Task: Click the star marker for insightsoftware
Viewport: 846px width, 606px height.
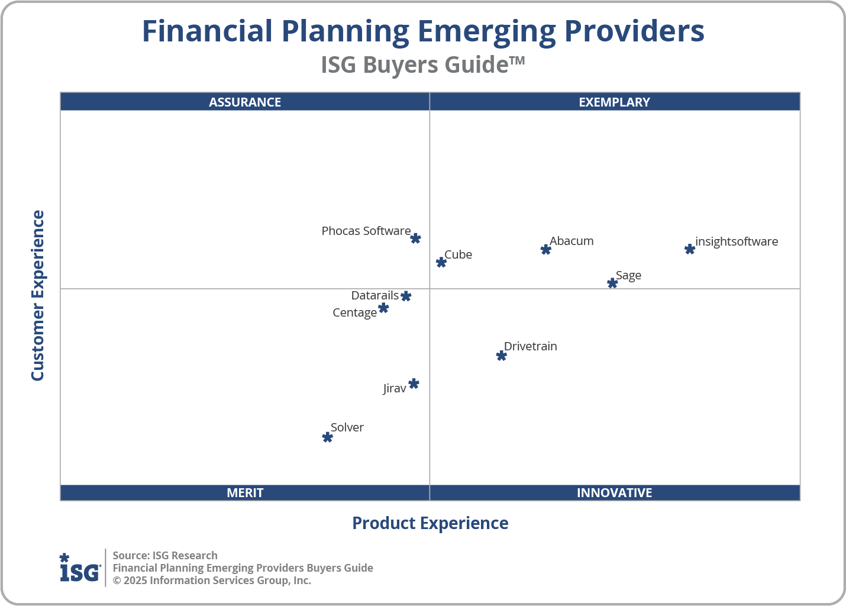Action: point(690,249)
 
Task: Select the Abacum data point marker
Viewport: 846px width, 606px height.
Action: point(546,250)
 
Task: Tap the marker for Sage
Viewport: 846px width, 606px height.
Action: point(613,283)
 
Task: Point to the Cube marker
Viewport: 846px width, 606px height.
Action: point(441,262)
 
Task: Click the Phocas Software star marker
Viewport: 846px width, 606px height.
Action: point(416,238)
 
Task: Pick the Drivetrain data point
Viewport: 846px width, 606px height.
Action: point(502,356)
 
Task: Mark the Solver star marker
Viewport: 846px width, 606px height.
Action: point(328,437)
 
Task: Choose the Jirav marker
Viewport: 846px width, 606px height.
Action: point(414,384)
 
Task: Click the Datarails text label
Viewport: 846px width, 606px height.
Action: point(374,295)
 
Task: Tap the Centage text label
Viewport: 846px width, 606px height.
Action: point(354,312)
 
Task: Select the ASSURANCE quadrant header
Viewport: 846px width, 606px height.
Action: point(245,102)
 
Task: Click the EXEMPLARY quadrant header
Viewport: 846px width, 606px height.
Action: point(614,102)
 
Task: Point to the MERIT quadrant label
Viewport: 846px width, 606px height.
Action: point(245,492)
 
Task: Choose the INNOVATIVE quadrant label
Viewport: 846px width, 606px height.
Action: point(614,492)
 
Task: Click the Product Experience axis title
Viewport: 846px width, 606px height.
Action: point(430,523)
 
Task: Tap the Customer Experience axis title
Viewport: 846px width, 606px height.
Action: point(38,296)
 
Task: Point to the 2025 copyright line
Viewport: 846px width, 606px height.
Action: point(212,581)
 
